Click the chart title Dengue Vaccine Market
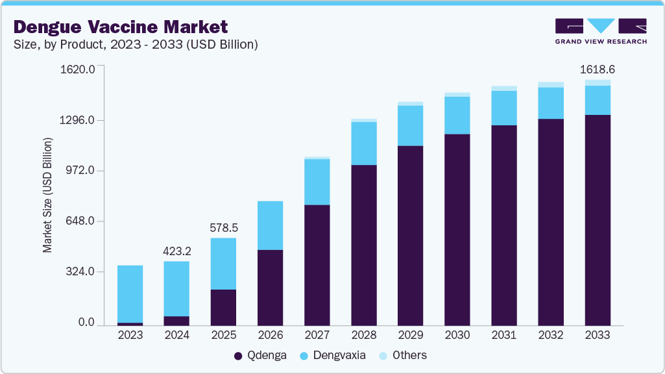121,27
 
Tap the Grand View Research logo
601,31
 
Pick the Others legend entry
404,355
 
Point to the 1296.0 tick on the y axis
78,120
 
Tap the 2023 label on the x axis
130,335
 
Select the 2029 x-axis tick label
410,335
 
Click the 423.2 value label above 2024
176,251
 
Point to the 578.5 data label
223,228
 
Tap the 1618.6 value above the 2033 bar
597,69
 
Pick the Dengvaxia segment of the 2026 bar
270,225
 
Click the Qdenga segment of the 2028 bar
363,245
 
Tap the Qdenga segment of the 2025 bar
223,307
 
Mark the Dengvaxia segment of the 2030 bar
457,115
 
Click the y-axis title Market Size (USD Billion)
47,195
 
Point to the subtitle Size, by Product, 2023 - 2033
136,44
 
